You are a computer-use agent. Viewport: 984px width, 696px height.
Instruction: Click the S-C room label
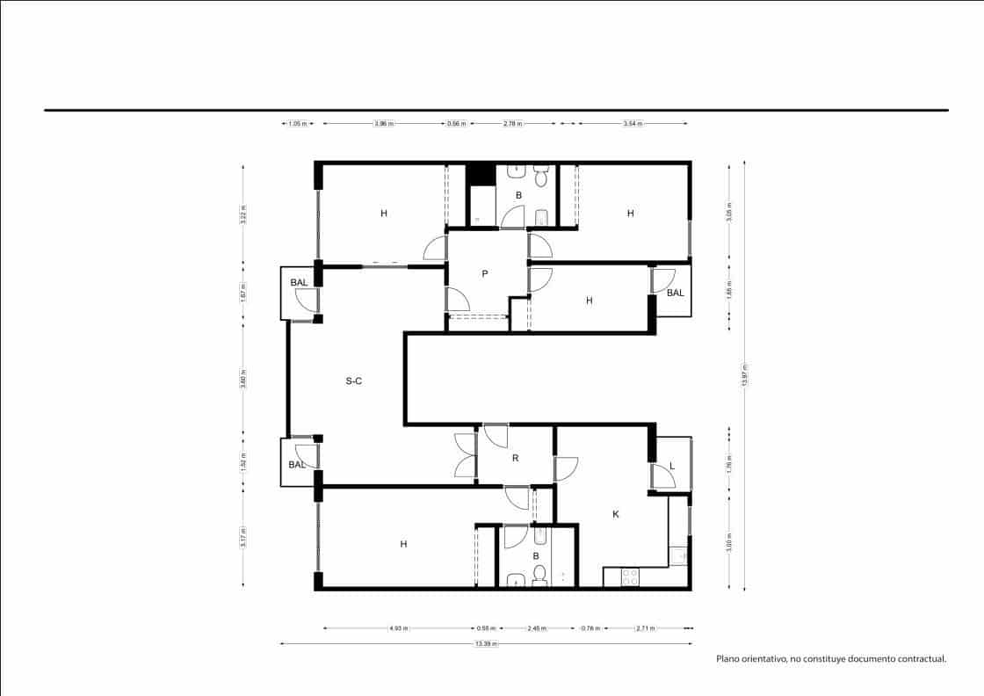click(x=354, y=381)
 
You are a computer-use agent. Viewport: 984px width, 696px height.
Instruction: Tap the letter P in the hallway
click(x=484, y=273)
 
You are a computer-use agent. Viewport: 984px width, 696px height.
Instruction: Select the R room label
click(x=516, y=457)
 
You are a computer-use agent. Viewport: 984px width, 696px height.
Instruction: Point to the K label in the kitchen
click(x=615, y=514)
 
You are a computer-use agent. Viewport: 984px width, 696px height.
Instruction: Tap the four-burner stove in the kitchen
click(x=630, y=576)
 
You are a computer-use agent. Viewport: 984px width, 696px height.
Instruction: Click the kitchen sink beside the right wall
click(x=677, y=555)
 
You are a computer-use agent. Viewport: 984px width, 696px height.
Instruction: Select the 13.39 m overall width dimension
click(x=485, y=644)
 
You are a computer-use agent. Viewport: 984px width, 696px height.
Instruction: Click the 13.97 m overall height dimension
click(x=744, y=375)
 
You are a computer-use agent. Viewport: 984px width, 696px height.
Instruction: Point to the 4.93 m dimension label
click(x=400, y=628)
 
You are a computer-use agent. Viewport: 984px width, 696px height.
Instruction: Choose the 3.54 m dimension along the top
click(x=632, y=124)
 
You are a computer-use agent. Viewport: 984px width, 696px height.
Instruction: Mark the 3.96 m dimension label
click(x=383, y=124)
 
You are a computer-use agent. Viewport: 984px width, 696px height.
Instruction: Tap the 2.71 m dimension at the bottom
click(x=645, y=628)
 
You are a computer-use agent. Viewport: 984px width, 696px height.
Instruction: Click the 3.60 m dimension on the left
click(x=243, y=379)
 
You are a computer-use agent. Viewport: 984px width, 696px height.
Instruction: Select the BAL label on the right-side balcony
click(x=675, y=293)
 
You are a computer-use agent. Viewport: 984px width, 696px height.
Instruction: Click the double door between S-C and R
click(x=464, y=455)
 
